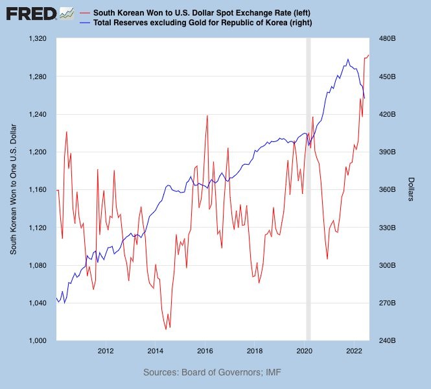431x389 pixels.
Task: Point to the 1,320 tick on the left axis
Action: (x=40, y=39)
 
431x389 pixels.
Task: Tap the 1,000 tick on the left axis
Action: (x=40, y=340)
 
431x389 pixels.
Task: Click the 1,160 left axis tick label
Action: (x=40, y=190)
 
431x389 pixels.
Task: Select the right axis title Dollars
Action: (x=412, y=189)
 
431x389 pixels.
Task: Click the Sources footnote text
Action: (x=212, y=372)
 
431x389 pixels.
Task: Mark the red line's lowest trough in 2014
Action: (x=166, y=329)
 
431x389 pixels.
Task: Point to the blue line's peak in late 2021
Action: (x=348, y=59)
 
